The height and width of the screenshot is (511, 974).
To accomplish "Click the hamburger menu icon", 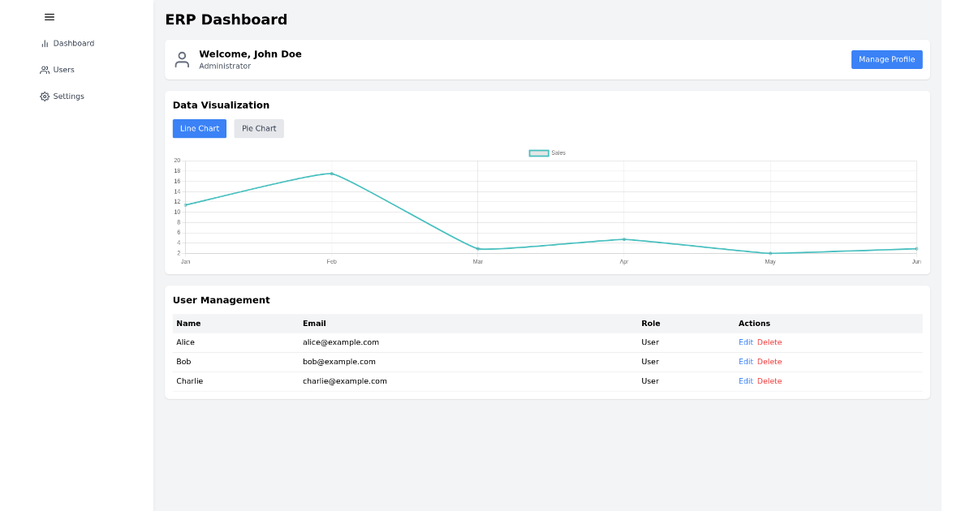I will coord(50,17).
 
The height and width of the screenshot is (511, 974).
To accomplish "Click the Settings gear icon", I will coord(45,97).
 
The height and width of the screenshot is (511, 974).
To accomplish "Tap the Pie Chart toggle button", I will coord(259,129).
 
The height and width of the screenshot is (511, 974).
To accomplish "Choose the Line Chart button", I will coord(200,129).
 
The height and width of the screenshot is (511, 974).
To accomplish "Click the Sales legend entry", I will coord(547,153).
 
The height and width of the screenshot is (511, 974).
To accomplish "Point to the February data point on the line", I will coord(332,174).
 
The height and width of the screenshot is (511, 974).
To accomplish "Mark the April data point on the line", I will coord(624,239).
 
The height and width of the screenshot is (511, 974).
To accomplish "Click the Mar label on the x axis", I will coord(478,262).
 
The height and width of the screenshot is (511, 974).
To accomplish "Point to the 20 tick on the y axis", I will coord(177,161).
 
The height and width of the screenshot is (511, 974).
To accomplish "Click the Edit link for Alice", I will coord(745,342).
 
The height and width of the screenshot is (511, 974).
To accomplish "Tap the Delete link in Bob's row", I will coord(769,362).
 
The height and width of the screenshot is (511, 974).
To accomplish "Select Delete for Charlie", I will coord(769,381).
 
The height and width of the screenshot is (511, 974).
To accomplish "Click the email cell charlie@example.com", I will coord(345,381).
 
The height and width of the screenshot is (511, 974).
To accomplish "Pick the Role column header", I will coord(650,324).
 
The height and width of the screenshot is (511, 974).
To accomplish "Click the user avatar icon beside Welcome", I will coord(182,60).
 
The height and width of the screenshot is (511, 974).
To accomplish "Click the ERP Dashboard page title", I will coord(226,20).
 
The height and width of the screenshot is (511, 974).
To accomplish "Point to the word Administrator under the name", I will coord(225,67).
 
